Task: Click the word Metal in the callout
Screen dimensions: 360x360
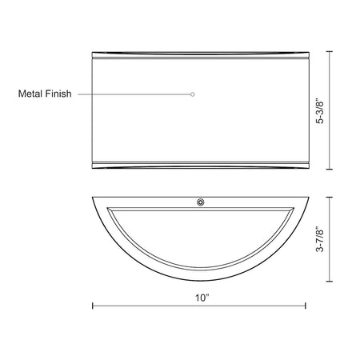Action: pos(30,94)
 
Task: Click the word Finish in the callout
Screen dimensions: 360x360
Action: pos(58,94)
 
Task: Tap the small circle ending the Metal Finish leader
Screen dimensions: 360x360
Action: pos(193,94)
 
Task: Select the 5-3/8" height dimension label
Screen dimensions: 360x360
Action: pos(320,112)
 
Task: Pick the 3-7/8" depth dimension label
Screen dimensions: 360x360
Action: pos(320,239)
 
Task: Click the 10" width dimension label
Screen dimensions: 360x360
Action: pos(202,298)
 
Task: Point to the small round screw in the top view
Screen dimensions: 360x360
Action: pos(201,202)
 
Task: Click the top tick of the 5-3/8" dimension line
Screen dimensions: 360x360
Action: pos(330,51)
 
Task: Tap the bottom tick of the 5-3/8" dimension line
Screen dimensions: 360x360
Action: pos(330,169)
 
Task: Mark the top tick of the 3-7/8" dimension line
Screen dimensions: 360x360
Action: pos(330,197)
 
